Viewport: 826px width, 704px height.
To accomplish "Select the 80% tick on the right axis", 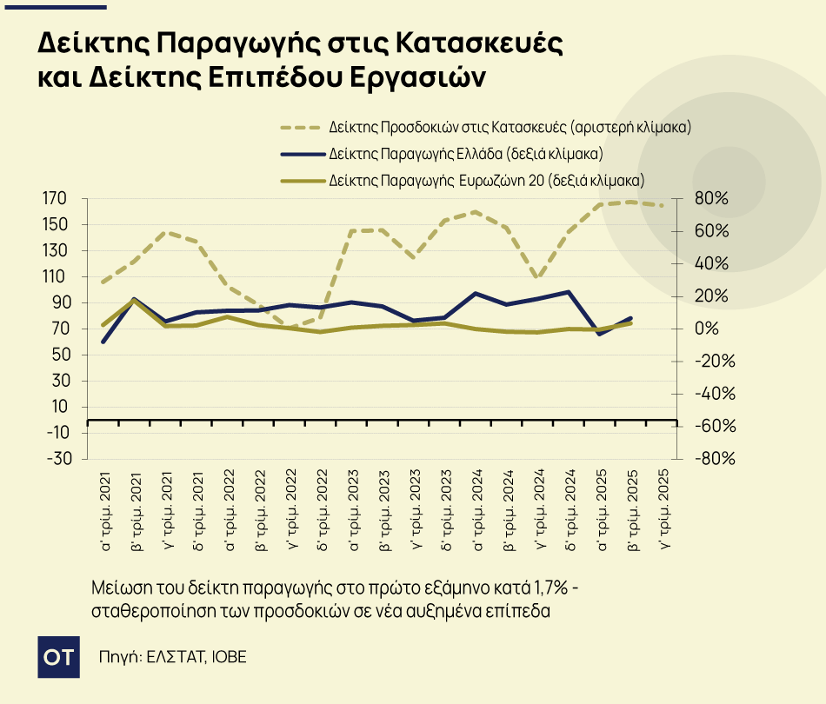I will point(712,199).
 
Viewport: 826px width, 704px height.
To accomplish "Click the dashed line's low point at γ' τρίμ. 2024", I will point(539,278).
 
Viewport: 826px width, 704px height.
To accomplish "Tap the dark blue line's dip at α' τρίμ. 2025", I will point(601,334).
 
